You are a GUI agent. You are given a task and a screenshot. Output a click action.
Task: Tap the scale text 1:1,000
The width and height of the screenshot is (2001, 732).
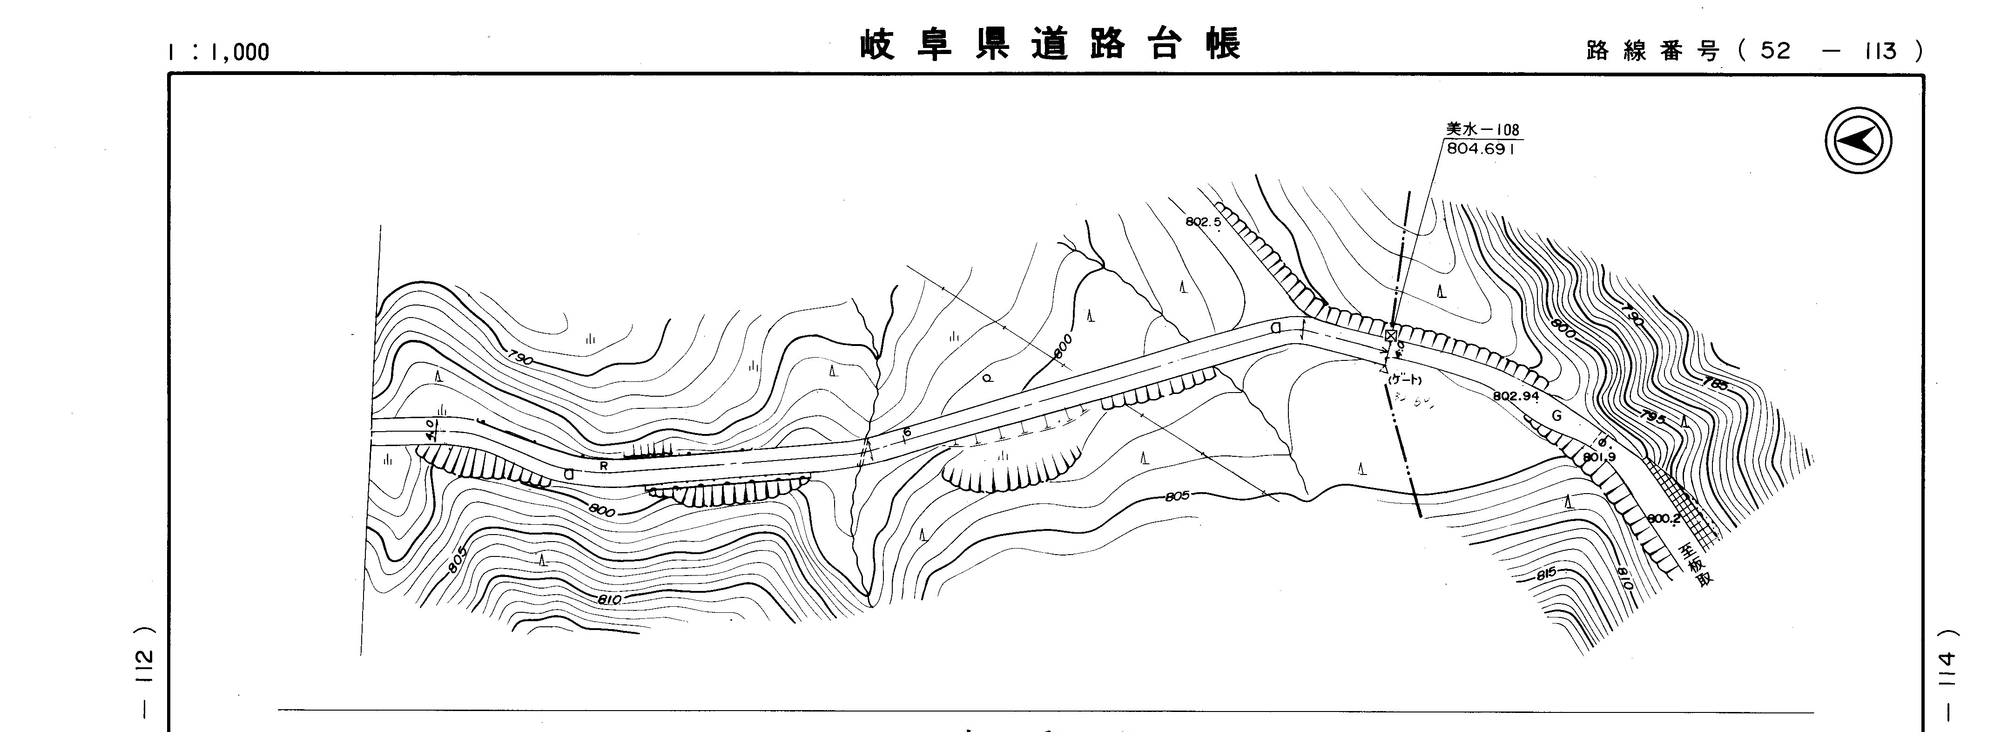coord(218,52)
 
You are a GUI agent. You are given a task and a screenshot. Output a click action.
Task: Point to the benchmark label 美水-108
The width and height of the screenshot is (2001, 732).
coord(1482,130)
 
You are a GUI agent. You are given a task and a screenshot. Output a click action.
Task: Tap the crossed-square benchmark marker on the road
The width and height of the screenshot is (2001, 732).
coord(1390,335)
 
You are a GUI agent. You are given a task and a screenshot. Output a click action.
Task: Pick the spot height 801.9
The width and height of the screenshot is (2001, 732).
coord(1599,457)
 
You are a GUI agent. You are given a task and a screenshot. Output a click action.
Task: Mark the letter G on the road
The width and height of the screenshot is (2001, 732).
coord(1556,416)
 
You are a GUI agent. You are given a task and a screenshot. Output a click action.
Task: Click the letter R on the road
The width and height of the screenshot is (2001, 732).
coord(604,466)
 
